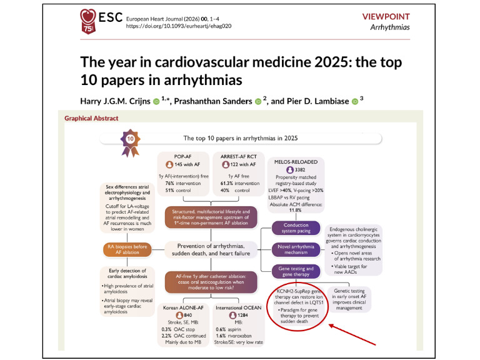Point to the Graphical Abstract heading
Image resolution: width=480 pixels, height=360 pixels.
tap(93, 118)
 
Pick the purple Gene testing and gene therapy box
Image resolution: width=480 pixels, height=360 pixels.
tap(296, 271)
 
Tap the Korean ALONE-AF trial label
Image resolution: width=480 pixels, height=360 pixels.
tap(184, 308)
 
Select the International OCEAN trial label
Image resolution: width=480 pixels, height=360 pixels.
tap(243, 308)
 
